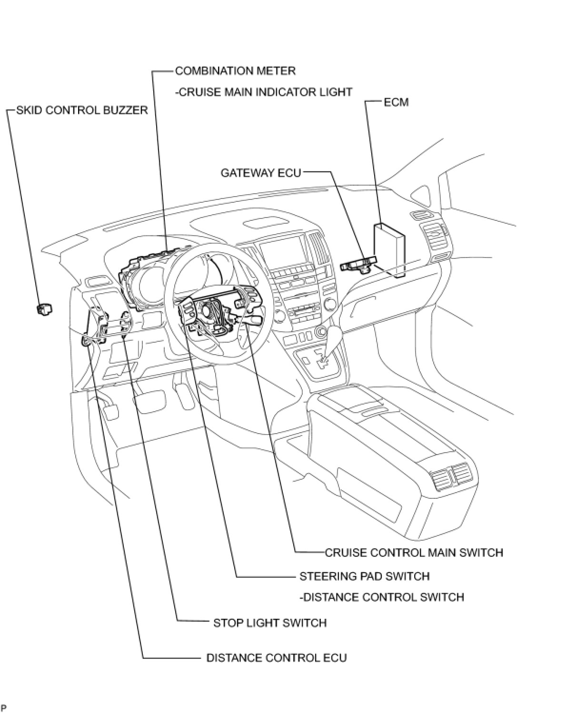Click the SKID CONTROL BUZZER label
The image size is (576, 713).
point(82,110)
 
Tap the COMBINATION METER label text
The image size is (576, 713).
point(235,71)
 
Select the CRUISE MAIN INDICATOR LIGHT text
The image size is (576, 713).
point(264,92)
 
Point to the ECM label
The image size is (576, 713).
point(396,102)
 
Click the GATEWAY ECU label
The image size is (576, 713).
point(261,172)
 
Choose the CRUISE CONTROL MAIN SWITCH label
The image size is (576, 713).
point(414,553)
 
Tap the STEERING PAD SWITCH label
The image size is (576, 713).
point(364,576)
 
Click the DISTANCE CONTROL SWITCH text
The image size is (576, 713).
point(382,597)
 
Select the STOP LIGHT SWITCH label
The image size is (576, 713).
point(269,623)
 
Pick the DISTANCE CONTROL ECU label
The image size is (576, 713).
point(276,658)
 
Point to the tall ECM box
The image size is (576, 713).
point(389,248)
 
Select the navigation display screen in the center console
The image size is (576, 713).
point(281,253)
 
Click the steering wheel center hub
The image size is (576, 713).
point(208,309)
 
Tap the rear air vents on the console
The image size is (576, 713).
point(450,476)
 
